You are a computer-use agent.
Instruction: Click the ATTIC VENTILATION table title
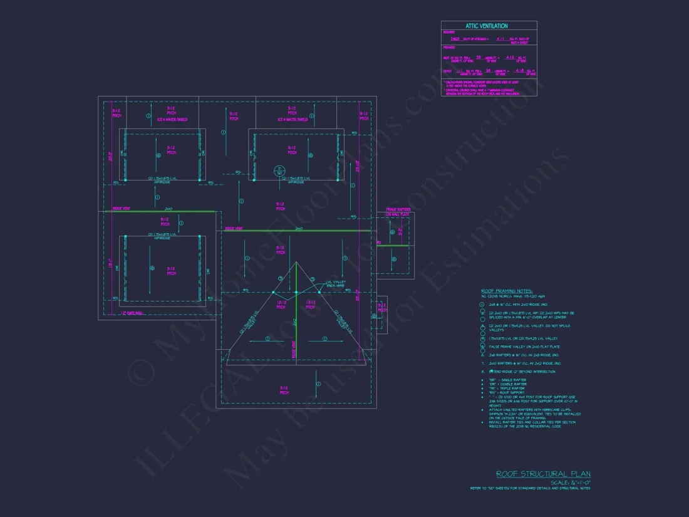click(486, 26)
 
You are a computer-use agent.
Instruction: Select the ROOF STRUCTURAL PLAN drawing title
click(543, 474)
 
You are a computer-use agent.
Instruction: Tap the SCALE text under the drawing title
click(571, 483)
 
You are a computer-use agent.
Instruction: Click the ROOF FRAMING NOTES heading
click(507, 291)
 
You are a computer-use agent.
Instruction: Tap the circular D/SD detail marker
click(279, 170)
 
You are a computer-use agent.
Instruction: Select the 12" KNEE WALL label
click(132, 313)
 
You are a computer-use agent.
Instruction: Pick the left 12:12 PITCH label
click(281, 305)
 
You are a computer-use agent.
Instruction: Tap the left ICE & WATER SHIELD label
click(172, 119)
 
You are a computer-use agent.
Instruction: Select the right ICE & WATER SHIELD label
click(293, 119)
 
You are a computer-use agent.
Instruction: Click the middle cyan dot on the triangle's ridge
click(296, 292)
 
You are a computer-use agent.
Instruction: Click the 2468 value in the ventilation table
click(454, 39)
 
